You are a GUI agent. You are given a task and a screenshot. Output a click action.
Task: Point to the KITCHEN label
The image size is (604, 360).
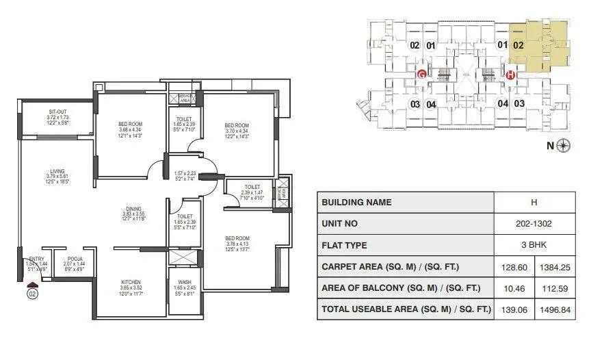[x=131, y=282]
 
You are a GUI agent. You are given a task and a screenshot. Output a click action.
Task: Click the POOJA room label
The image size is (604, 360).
[x=75, y=259]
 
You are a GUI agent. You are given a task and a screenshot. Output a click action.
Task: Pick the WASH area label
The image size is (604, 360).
[x=185, y=281]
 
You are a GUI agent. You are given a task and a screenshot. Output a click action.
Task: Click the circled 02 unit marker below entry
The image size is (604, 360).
[x=31, y=294]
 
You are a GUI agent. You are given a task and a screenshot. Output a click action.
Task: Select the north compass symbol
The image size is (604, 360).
[x=564, y=144]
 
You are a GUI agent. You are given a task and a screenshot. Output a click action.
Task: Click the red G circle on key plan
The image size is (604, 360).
[x=422, y=74]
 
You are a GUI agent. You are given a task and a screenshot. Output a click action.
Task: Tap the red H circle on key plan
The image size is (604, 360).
[x=510, y=74]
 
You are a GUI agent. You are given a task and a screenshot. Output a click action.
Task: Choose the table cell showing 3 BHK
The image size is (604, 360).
[x=534, y=245]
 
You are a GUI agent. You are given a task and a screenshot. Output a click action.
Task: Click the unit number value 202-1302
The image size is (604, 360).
[x=534, y=224]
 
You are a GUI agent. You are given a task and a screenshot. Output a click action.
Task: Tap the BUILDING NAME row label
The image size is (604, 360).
[x=356, y=203]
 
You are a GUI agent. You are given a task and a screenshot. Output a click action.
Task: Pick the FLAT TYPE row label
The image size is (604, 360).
[x=344, y=245]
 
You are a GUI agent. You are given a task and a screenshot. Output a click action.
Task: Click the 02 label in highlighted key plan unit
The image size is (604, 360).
[x=518, y=46]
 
